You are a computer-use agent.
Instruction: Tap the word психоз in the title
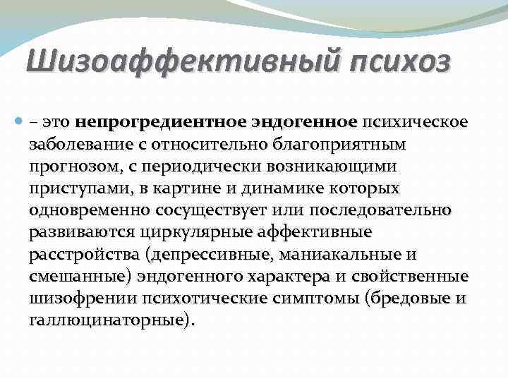click(400, 61)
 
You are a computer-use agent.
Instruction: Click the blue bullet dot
click(18, 122)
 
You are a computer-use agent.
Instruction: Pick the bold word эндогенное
click(304, 123)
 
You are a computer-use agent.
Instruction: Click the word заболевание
click(81, 144)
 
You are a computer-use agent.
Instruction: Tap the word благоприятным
click(339, 145)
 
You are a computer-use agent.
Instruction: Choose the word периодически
click(201, 167)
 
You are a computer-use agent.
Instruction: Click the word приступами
click(80, 189)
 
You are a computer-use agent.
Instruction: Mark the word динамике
click(282, 188)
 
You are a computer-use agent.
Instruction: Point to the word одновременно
click(90, 211)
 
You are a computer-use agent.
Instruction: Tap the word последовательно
click(380, 210)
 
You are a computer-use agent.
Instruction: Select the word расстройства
click(84, 255)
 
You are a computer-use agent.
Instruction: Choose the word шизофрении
click(83, 299)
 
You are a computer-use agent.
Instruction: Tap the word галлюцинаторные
click(109, 321)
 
